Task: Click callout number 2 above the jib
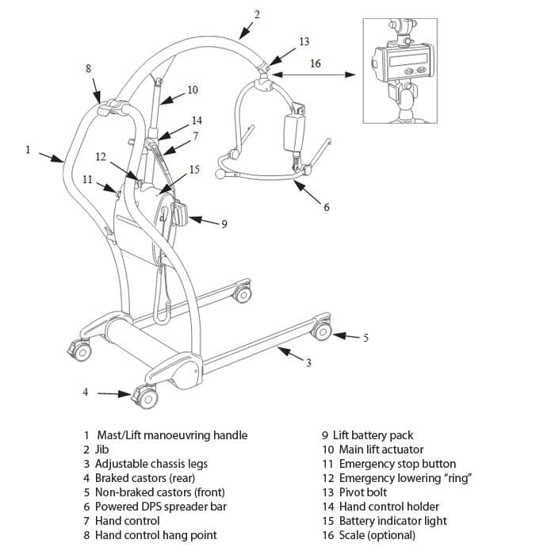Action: click(257, 14)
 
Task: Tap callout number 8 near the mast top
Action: click(88, 68)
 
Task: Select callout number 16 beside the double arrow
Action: click(316, 63)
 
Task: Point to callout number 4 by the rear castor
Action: click(86, 392)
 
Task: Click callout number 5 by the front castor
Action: click(366, 338)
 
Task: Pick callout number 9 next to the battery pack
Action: click(224, 224)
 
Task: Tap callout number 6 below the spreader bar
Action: click(326, 207)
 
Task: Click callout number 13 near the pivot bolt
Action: click(304, 40)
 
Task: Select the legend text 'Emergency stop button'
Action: click(397, 464)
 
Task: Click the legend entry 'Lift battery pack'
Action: click(373, 435)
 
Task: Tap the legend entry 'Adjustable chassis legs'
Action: click(151, 464)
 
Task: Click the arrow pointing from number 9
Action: click(205, 221)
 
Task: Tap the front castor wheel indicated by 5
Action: click(320, 331)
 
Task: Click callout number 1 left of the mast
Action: click(28, 148)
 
